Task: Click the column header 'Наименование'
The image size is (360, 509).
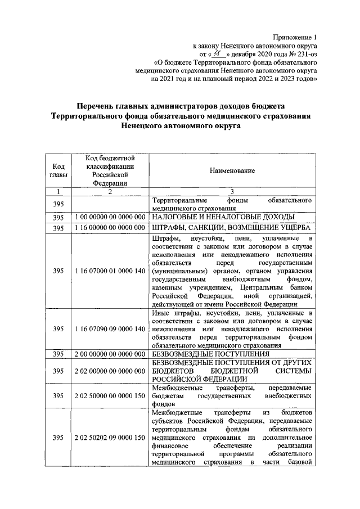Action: click(x=232, y=170)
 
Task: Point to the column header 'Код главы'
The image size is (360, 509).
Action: click(x=57, y=170)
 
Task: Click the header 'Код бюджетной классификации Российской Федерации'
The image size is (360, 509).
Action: click(x=110, y=170)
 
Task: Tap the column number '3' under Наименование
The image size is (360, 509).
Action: click(x=232, y=191)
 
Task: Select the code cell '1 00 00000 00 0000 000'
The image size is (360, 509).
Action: click(x=110, y=217)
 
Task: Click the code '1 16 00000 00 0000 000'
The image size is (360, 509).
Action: click(x=110, y=228)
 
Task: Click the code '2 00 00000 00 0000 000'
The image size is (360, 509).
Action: click(x=110, y=354)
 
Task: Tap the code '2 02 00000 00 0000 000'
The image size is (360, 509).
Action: click(x=110, y=371)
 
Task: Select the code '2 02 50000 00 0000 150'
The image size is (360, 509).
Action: click(x=110, y=397)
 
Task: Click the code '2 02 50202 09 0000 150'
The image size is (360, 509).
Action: click(x=110, y=438)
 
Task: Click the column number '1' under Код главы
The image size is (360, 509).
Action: click(x=57, y=191)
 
